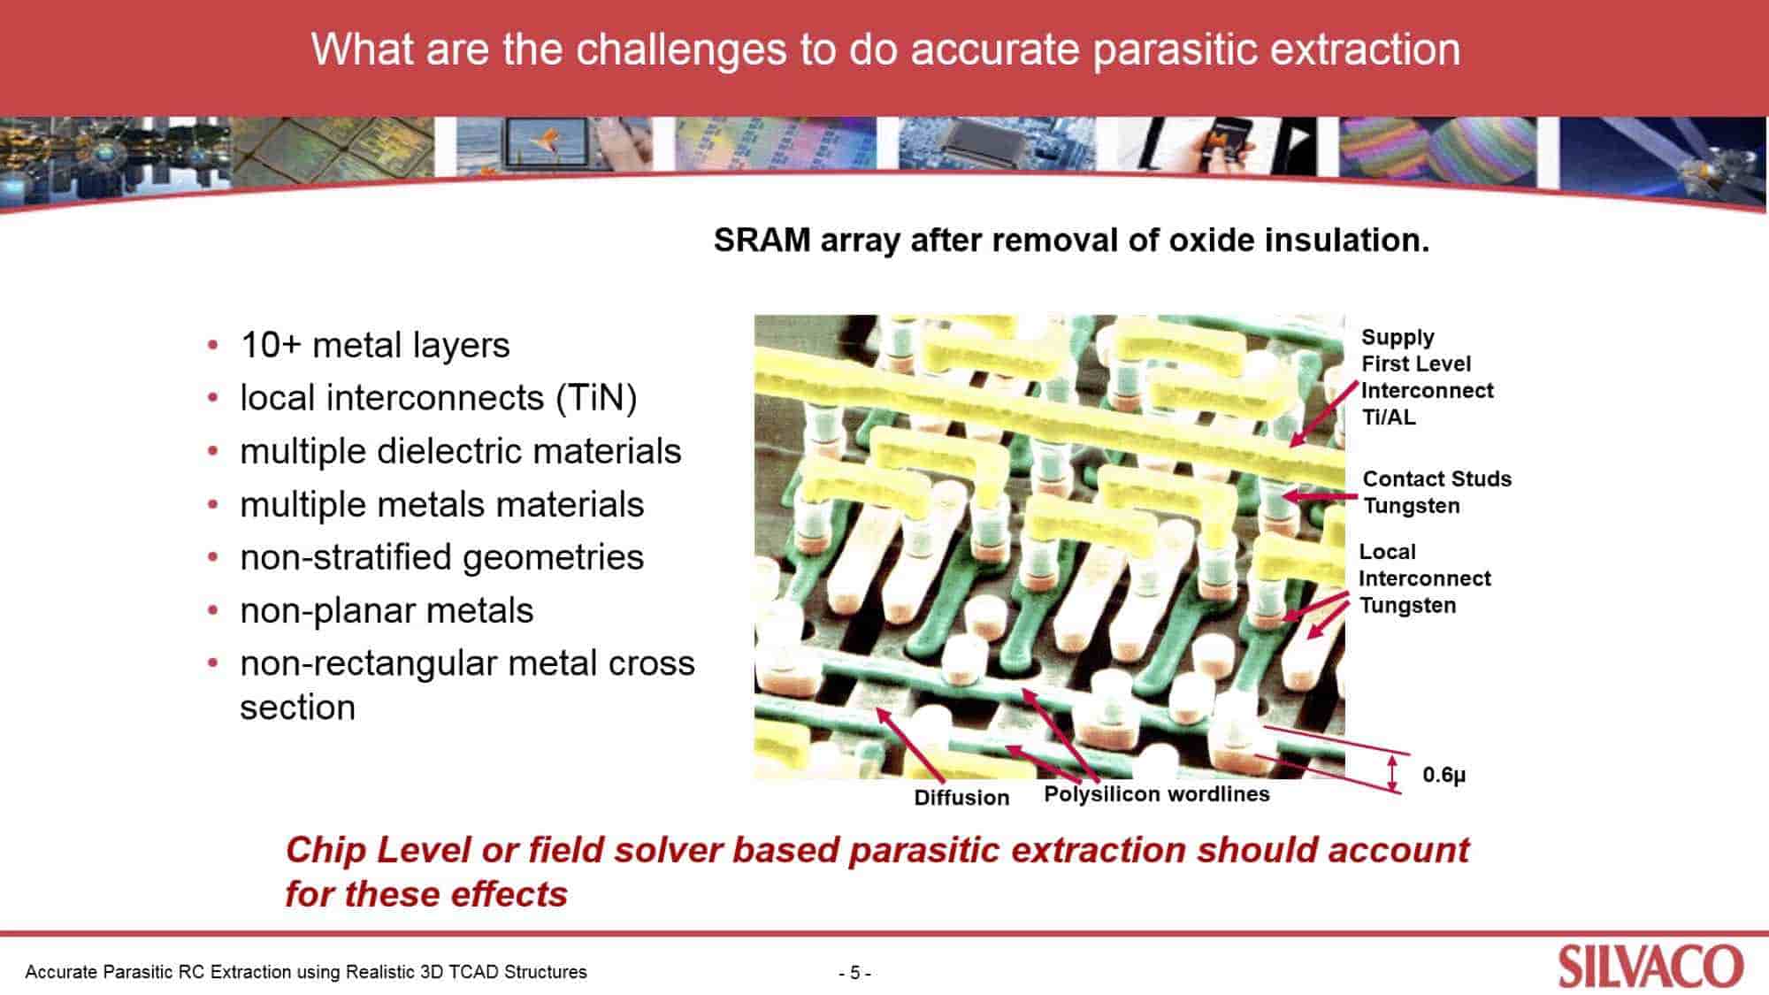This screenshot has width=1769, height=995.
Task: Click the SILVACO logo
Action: pos(1650,967)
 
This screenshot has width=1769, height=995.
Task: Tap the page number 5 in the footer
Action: pos(854,973)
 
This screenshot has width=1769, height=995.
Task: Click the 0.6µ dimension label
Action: pos(1444,775)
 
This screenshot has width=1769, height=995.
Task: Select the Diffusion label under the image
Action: pos(961,798)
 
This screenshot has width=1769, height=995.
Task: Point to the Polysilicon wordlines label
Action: pos(1157,793)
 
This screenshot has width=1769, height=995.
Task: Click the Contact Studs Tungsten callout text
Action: pos(1436,492)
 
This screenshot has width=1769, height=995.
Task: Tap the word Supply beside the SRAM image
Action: pos(1398,337)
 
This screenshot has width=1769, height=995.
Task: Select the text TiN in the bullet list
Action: pos(597,398)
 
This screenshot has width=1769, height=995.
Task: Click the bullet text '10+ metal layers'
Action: pos(375,345)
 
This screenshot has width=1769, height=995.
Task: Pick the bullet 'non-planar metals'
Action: pos(387,610)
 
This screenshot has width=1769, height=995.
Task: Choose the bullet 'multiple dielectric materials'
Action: pos(460,451)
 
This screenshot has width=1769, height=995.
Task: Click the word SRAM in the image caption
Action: pos(762,240)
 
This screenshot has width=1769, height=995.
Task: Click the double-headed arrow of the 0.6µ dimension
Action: pos(1394,773)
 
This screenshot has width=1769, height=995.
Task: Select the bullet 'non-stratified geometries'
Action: pos(441,557)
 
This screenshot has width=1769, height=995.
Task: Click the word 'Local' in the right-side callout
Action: pos(1387,552)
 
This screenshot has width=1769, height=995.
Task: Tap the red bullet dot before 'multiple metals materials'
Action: pos(213,505)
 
